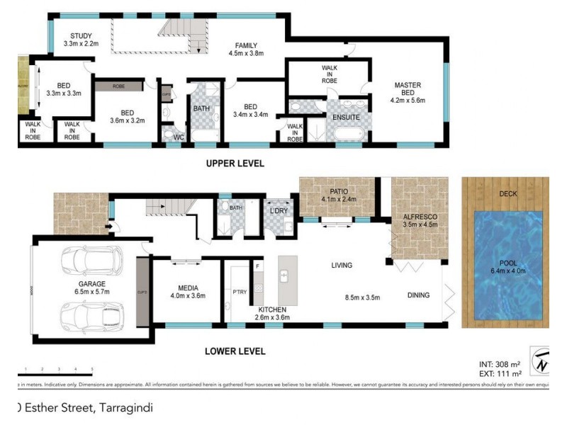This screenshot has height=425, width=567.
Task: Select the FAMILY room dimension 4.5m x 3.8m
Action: pos(246,54)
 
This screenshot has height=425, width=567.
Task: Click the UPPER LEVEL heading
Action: pos(235,164)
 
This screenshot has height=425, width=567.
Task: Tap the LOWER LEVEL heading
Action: pos(235,351)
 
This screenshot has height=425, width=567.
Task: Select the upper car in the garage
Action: pos(91,262)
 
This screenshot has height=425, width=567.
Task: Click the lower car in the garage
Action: pos(91,312)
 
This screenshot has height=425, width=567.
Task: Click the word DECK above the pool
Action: pos(507,193)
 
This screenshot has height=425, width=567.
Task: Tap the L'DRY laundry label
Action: pos(278,210)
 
